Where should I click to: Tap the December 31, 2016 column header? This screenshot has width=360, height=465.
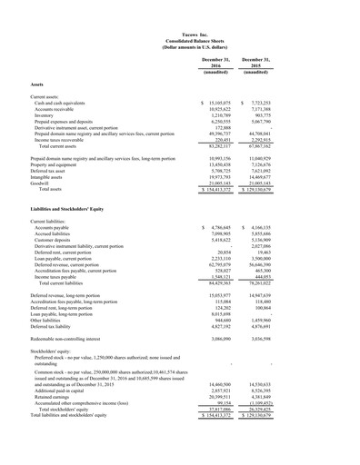pos(215,63)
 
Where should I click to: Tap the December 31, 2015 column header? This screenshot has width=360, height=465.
pos(258,63)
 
